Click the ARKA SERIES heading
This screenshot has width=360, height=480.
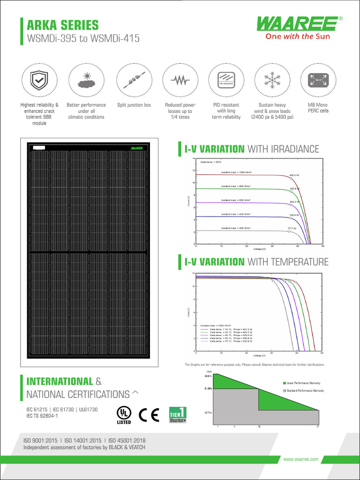tap(63, 25)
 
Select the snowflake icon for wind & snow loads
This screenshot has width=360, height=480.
tap(271, 80)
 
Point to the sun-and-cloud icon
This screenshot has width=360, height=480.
tap(86, 80)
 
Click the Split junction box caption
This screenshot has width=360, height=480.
tap(134, 105)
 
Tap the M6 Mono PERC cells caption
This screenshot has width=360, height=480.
tap(318, 108)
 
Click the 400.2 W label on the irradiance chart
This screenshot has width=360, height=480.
tap(294, 175)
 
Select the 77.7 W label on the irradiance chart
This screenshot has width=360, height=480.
tap(293, 228)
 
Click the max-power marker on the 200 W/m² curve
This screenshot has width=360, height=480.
tap(289, 232)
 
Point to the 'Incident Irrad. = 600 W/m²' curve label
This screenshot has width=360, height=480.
tap(235, 200)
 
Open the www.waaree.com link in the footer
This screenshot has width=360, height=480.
tap(300, 459)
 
